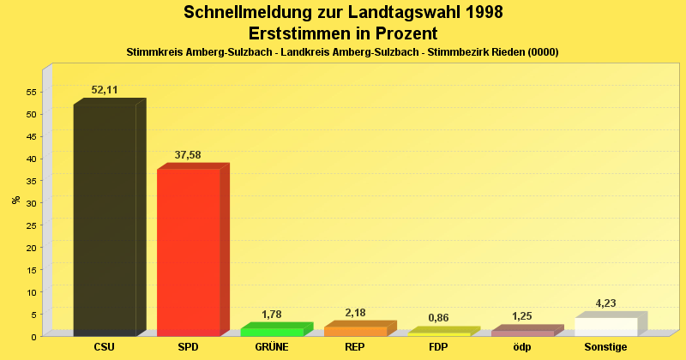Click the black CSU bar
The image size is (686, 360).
point(105,219)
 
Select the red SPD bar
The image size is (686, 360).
point(189,252)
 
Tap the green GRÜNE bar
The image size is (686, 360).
point(272,332)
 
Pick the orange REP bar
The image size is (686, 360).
point(355,331)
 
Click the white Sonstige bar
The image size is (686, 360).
point(605,327)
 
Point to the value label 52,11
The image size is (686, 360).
point(105,90)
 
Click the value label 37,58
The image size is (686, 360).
point(189,155)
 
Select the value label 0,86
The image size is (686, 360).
point(438,318)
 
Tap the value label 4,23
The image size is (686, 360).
point(605,303)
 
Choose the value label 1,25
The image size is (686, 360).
point(522,316)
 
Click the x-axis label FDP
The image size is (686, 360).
point(438,347)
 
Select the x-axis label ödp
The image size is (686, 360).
point(522,347)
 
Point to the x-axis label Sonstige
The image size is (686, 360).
point(605,347)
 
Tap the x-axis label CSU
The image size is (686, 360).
point(105,347)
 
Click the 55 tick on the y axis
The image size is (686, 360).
point(31,92)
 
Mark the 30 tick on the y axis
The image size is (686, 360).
point(31,203)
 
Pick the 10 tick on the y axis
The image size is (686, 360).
point(31,292)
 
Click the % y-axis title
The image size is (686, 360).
point(15,200)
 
